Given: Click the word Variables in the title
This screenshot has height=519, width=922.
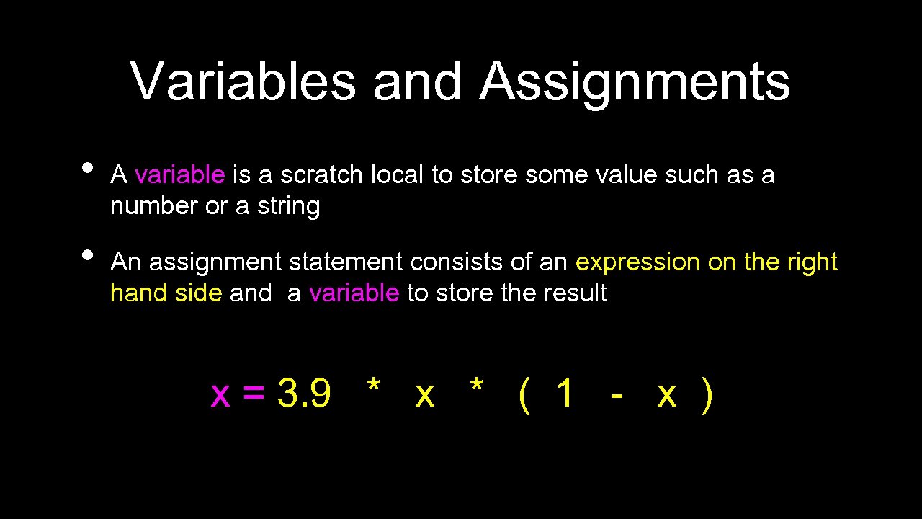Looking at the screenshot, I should (243, 81).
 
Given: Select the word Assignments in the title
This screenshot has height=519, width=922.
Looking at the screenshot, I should (635, 81).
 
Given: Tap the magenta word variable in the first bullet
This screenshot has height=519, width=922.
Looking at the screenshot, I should (180, 175).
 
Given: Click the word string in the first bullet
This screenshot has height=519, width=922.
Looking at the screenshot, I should (288, 207).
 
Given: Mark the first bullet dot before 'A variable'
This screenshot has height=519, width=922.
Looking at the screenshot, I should (88, 167).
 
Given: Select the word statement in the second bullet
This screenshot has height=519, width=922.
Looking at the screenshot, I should (345, 262).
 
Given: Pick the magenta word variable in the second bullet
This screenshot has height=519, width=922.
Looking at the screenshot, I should (354, 293).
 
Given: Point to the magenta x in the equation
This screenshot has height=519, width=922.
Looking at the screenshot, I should (220, 395).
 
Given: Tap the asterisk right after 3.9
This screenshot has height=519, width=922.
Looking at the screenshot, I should (373, 387).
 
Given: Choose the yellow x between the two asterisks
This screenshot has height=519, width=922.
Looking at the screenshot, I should (425, 395).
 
